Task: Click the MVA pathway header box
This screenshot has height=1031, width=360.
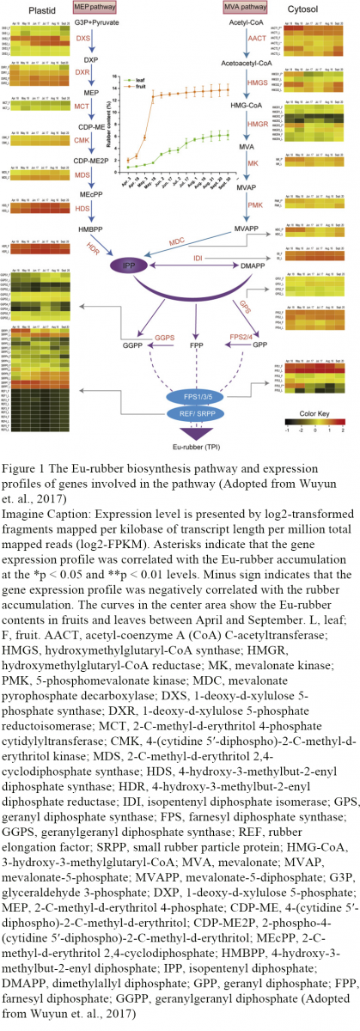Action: point(240,8)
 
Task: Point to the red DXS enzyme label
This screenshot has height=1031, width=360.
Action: point(83,40)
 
